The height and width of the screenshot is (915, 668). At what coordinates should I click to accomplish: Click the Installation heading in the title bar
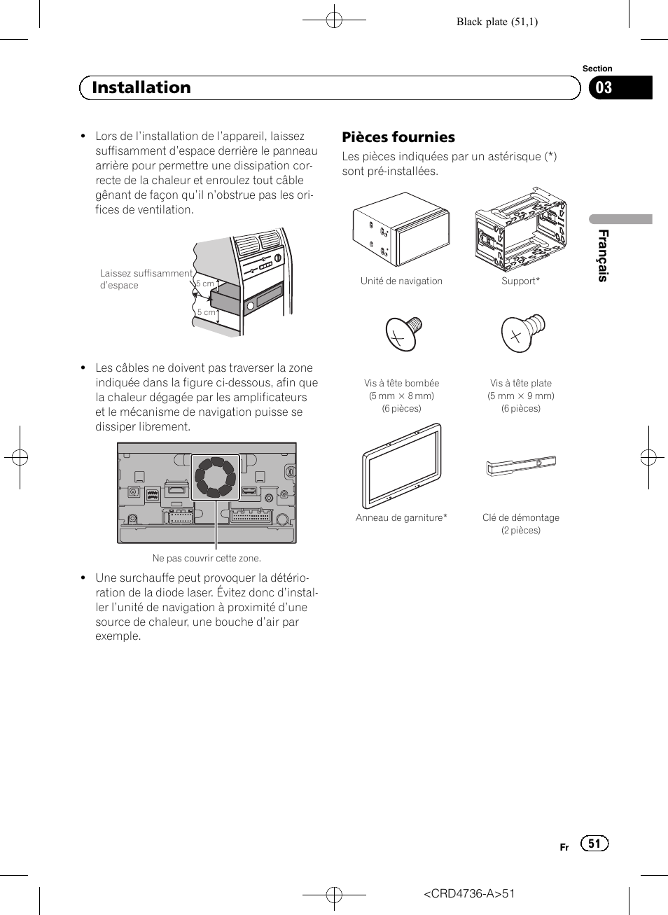[141, 88]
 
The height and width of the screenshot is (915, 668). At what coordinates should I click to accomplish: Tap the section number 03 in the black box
[604, 88]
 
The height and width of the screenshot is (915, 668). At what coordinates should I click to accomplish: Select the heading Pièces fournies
[398, 137]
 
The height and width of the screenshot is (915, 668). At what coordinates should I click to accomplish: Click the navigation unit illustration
[401, 228]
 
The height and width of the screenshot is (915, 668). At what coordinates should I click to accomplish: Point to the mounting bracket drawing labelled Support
[520, 228]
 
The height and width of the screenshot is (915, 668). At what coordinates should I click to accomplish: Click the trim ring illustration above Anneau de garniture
[402, 466]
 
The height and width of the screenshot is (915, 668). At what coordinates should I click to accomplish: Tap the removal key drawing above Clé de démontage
[521, 465]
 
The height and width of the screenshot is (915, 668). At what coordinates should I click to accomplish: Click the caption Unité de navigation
[401, 281]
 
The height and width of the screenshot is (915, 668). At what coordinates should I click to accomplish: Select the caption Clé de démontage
[520, 517]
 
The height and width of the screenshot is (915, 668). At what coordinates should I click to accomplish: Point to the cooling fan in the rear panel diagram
[216, 477]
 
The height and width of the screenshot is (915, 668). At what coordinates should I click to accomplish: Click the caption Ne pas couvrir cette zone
[207, 558]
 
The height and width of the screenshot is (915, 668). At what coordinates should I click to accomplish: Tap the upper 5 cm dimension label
[205, 284]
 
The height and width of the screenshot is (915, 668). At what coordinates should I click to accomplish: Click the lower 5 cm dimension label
[206, 312]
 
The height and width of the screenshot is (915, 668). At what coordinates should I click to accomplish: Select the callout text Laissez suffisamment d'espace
[146, 279]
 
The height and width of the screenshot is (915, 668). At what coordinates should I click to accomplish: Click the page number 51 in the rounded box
[594, 844]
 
